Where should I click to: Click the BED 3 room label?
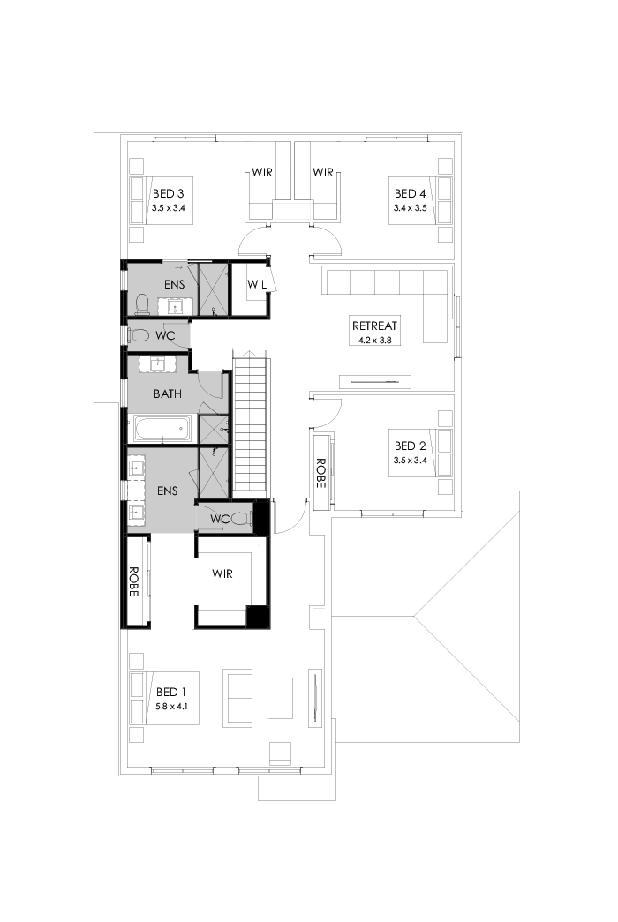(168, 193)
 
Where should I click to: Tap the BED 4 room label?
(410, 193)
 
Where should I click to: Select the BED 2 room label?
(410, 446)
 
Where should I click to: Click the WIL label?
(256, 285)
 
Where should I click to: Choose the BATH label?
(167, 394)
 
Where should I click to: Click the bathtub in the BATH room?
(162, 429)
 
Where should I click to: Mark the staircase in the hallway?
(251, 424)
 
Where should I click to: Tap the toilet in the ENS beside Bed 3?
(140, 304)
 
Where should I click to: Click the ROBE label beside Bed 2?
(320, 472)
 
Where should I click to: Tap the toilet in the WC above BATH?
(139, 335)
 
